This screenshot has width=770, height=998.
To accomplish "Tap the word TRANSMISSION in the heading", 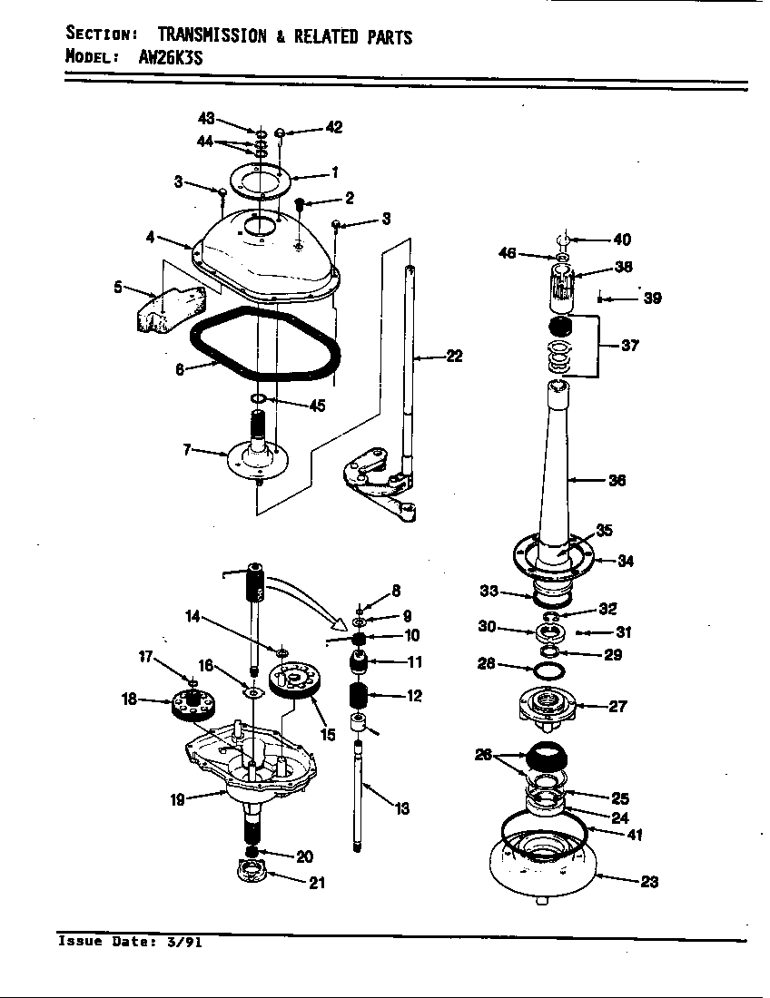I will [212, 35].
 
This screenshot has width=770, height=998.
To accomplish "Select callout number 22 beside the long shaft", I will [453, 357].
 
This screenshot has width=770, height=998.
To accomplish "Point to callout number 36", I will [617, 481].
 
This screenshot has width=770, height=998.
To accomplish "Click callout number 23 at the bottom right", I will [649, 881].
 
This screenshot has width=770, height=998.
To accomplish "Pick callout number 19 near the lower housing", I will [179, 799].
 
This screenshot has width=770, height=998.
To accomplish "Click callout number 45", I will [316, 406].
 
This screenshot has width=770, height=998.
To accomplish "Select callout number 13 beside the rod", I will [400, 808].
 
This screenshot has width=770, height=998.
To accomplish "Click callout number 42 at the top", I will [333, 127].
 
